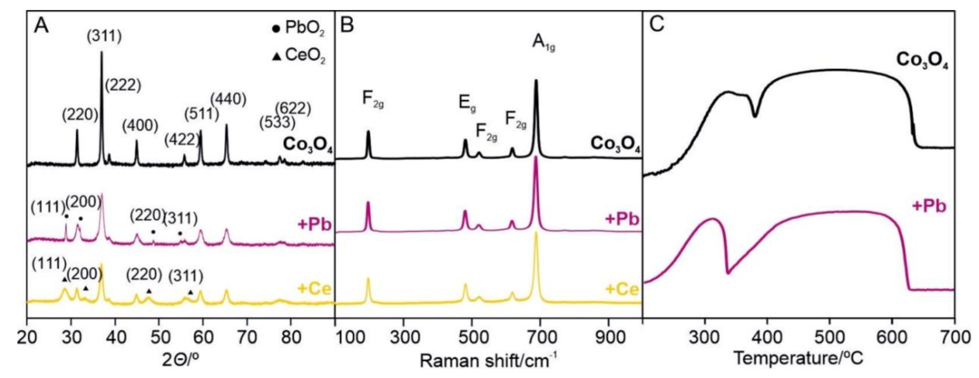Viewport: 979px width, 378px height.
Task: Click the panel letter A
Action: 41,26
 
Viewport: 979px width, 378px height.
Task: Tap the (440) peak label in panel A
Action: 228,99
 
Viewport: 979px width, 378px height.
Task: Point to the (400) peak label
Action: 140,126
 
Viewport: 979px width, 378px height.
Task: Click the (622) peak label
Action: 293,108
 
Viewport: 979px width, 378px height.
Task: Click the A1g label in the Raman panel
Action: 543,42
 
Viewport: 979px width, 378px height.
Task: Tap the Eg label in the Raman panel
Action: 467,104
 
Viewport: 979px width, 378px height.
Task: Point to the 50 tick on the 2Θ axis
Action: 159,337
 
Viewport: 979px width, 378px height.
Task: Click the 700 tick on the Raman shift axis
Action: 540,337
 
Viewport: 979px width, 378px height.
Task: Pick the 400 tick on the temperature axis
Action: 767,337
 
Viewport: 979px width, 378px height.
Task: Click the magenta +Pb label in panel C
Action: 929,206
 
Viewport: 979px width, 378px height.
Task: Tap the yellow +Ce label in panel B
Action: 622,289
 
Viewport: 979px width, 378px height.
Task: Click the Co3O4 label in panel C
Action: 922,61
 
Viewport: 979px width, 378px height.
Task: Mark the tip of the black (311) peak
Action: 102,52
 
